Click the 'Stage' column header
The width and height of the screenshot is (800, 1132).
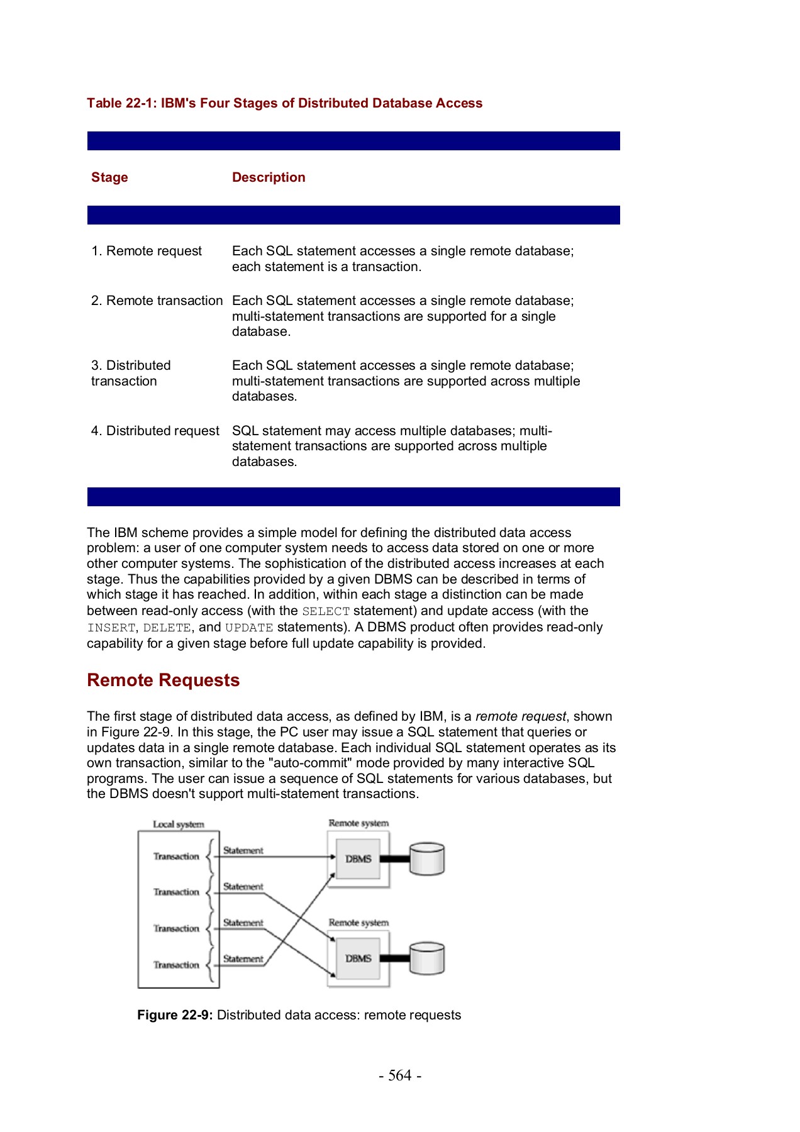click(109, 177)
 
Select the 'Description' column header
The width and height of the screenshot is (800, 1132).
click(269, 177)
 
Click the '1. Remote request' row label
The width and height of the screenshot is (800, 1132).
click(147, 251)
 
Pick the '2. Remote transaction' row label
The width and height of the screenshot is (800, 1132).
click(157, 301)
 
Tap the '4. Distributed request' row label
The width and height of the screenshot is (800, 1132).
click(155, 431)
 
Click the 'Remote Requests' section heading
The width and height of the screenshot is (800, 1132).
click(164, 680)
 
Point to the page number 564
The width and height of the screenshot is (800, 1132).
click(400, 1075)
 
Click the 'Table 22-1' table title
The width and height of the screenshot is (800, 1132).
click(284, 103)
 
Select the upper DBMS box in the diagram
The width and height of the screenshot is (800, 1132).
click(358, 859)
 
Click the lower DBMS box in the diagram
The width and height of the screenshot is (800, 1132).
click(358, 958)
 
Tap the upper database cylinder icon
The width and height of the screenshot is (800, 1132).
click(427, 859)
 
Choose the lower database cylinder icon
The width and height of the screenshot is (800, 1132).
click(427, 958)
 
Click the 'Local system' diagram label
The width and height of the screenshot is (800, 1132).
click(179, 824)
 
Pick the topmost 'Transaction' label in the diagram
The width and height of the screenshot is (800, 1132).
click(176, 857)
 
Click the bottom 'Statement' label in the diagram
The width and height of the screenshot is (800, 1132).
click(243, 959)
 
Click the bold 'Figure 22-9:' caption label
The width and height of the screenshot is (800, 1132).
click(175, 1015)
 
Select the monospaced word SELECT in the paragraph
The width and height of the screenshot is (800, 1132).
click(326, 611)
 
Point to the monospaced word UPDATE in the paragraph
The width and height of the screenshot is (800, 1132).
click(249, 628)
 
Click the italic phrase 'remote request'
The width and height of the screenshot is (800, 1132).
click(521, 716)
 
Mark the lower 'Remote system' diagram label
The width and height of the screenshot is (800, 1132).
click(358, 923)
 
